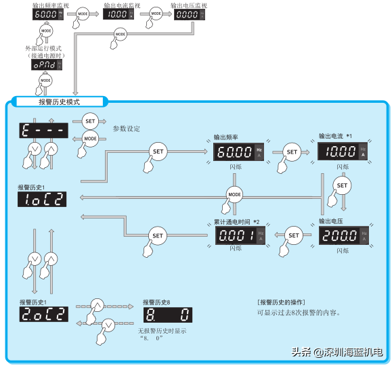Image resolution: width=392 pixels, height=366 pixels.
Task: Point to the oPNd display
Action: click(x=47, y=66)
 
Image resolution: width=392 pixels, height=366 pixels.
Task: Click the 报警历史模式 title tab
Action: click(x=60, y=101)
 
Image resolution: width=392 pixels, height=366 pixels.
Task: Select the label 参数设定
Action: click(x=125, y=128)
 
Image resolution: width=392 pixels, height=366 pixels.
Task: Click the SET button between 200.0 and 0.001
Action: click(x=294, y=235)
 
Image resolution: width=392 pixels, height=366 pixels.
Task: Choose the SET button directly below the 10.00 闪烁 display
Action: click(x=342, y=185)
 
